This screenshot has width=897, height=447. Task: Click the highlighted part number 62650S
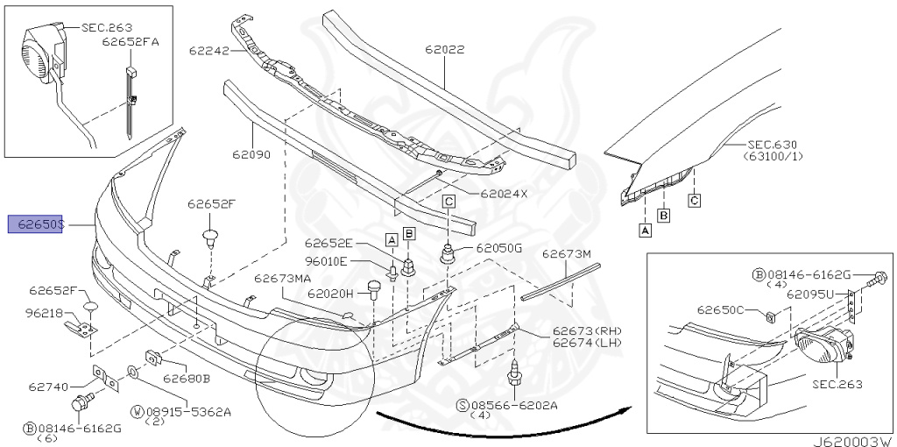[36, 225]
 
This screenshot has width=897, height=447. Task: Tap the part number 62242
[208, 51]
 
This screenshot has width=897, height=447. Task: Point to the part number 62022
[445, 50]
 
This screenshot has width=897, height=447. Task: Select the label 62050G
[499, 248]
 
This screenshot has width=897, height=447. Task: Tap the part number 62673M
[566, 254]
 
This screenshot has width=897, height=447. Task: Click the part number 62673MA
[283, 279]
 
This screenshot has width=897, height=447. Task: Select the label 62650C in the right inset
[720, 309]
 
